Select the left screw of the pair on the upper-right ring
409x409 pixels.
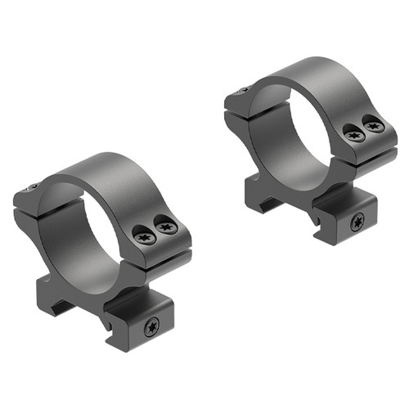click(x=354, y=135)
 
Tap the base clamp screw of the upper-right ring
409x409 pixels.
click(x=357, y=222)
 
